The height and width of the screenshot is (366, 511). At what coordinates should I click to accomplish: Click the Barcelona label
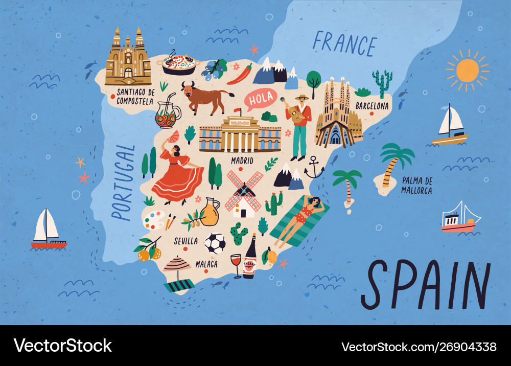pyautogui.click(x=372, y=106)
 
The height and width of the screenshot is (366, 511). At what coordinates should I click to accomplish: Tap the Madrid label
pyautogui.click(x=242, y=160)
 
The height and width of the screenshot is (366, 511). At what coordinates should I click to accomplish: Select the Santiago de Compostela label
pyautogui.click(x=135, y=97)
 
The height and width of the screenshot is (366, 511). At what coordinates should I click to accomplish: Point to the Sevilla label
pyautogui.click(x=186, y=240)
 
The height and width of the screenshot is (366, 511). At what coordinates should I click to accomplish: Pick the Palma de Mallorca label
pyautogui.click(x=417, y=186)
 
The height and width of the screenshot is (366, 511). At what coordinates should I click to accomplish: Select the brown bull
pyautogui.click(x=204, y=98)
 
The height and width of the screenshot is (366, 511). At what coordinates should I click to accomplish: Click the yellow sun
pyautogui.click(x=467, y=71)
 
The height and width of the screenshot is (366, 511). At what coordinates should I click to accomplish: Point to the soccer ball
pyautogui.click(x=215, y=244)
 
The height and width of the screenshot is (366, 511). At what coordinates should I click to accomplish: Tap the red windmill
pyautogui.click(x=244, y=193)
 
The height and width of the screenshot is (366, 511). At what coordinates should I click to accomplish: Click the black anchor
pyautogui.click(x=314, y=168)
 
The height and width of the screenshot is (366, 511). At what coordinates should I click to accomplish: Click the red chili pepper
pyautogui.click(x=239, y=75)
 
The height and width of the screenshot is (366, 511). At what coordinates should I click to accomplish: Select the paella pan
pyautogui.click(x=178, y=64)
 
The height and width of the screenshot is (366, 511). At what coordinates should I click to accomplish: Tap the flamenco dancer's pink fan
pyautogui.click(x=174, y=136)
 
